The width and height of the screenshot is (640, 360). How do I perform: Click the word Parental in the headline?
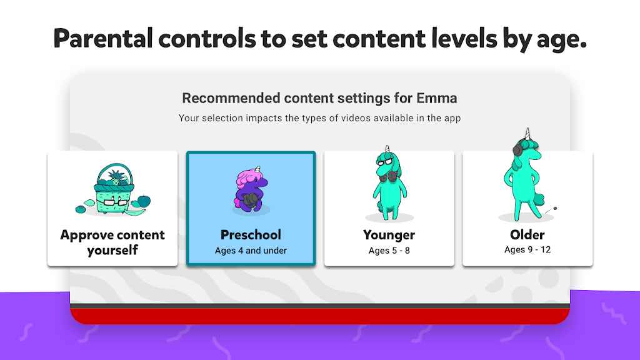coord(103,38)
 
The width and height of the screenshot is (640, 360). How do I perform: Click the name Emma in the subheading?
coord(437,98)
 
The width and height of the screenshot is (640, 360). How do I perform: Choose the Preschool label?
coord(251,235)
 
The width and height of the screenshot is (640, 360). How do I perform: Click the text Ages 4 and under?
coord(251,251)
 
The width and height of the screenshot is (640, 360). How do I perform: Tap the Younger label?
coord(389,235)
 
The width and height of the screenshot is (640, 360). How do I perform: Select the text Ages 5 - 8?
coord(389,251)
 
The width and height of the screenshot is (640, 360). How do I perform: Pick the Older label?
coord(527,235)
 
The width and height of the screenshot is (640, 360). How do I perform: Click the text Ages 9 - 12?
coord(527,250)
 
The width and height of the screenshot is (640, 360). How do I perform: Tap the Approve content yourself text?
coord(112,242)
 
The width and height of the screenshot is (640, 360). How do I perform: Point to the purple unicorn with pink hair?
coord(250,190)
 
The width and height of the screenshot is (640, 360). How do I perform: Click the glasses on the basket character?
coord(115,202)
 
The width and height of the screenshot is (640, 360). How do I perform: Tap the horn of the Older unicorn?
coord(527,134)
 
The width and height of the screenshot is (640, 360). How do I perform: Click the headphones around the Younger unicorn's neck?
coord(387,176)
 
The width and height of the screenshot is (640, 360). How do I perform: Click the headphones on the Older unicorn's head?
coord(518,147)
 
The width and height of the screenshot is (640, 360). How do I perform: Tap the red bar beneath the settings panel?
coord(320,316)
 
